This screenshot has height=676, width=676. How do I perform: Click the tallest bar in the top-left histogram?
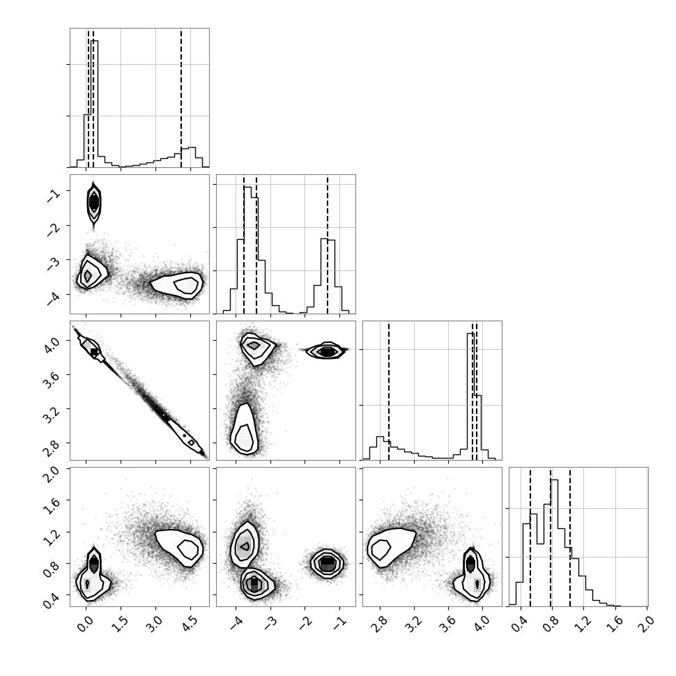(94, 103)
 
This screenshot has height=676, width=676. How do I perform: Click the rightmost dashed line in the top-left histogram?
(181, 98)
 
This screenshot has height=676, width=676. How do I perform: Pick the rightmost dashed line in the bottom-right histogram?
(570, 537)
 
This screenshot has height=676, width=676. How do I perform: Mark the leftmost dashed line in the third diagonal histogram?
(389, 390)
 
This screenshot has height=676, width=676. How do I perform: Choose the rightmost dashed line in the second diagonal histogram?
(328, 245)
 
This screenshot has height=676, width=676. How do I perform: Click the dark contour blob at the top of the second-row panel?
(94, 203)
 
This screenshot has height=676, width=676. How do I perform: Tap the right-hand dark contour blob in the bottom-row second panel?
(328, 563)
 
